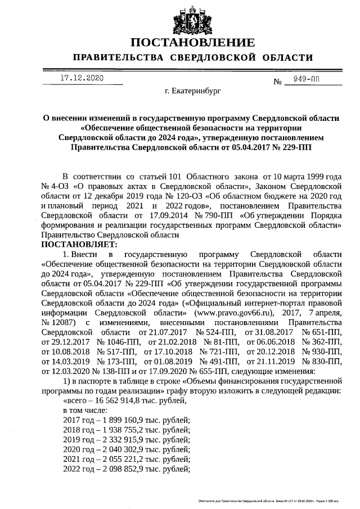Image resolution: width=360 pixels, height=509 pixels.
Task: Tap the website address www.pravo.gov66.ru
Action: (233, 313)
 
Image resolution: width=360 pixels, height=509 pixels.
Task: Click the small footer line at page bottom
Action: (269, 500)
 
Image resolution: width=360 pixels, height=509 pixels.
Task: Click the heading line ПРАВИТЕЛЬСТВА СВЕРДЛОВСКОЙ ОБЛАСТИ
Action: (193, 58)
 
